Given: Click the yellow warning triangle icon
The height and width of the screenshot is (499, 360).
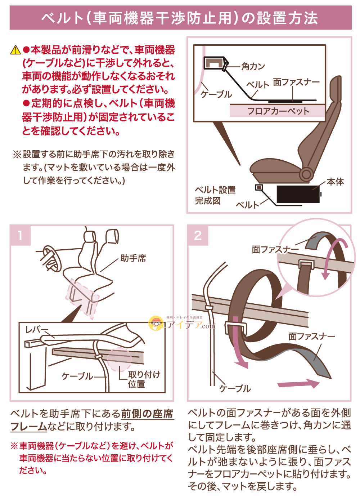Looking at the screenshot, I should [x=15, y=50].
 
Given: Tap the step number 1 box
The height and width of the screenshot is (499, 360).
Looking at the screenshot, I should [x=20, y=235].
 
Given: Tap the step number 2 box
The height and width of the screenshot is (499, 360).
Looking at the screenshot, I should [x=198, y=235].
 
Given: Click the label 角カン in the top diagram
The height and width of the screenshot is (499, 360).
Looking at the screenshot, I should [x=253, y=66].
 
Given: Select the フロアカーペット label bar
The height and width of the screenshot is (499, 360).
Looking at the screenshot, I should [x=278, y=111].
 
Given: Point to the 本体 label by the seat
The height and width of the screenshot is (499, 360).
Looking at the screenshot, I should [x=335, y=182].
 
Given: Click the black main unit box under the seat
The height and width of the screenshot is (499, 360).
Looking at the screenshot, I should [x=297, y=195].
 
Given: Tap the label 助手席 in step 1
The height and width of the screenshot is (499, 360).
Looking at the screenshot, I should [x=133, y=258].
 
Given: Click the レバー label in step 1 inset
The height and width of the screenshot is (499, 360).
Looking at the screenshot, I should [x=36, y=330].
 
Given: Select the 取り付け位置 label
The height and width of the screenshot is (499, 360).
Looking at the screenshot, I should [x=144, y=379].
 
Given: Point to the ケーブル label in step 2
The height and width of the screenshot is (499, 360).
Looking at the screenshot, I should [x=235, y=388].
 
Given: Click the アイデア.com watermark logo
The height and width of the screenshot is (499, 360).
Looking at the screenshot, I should [x=182, y=324].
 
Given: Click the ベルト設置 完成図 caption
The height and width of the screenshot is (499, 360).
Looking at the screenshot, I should [x=215, y=195].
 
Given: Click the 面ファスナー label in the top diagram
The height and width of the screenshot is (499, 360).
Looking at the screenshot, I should [x=296, y=82].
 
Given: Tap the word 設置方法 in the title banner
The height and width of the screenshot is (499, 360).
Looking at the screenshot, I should [x=288, y=18].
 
